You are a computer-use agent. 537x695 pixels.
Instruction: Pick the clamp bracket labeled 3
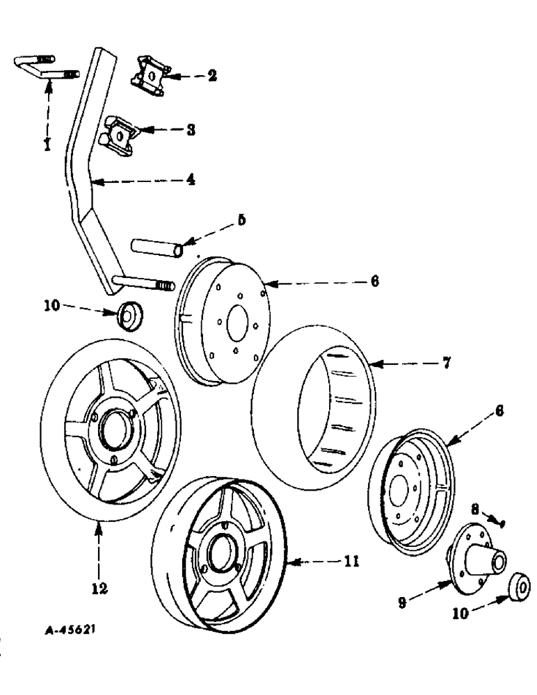click(x=120, y=133)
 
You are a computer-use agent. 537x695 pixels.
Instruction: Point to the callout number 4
click(x=189, y=179)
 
